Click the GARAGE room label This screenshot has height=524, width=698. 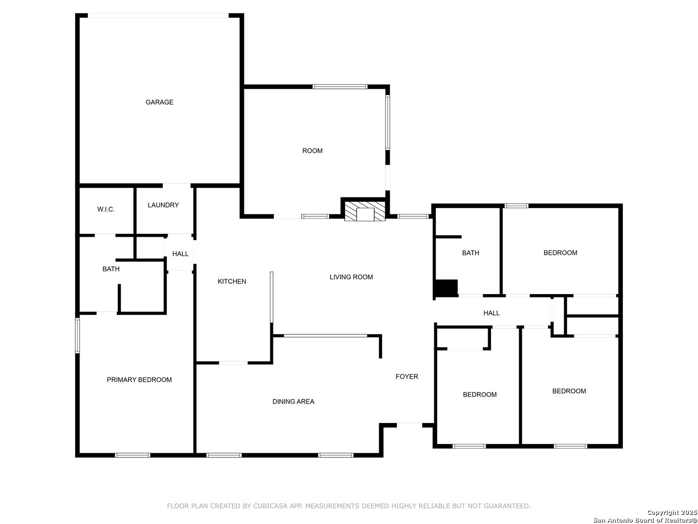pyautogui.click(x=159, y=102)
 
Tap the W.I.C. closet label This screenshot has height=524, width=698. pyautogui.click(x=106, y=209)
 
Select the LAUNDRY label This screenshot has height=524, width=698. pyautogui.click(x=163, y=205)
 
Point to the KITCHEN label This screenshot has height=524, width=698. pyautogui.click(x=232, y=281)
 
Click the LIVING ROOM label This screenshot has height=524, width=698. pyautogui.click(x=351, y=277)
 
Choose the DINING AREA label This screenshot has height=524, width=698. pyautogui.click(x=293, y=402)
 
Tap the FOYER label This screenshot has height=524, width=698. pyautogui.click(x=407, y=377)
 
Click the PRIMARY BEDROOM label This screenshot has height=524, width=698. pyautogui.click(x=139, y=380)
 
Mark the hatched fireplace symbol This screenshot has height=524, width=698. pyautogui.click(x=365, y=211)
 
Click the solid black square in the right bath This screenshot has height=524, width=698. pyautogui.click(x=446, y=288)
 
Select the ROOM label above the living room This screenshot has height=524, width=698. pyautogui.click(x=312, y=151)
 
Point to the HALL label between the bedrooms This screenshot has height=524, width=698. pyautogui.click(x=492, y=313)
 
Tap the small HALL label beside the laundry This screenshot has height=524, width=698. pyautogui.click(x=180, y=254)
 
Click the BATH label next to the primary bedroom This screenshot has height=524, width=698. pyautogui.click(x=111, y=269)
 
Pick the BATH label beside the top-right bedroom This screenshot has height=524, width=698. pyautogui.click(x=470, y=253)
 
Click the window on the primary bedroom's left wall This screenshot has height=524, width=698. pyautogui.click(x=77, y=335)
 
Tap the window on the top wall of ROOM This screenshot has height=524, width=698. pyautogui.click(x=340, y=87)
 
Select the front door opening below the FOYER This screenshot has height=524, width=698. pyautogui.click(x=409, y=425)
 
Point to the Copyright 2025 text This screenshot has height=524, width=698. pyautogui.click(x=672, y=512)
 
